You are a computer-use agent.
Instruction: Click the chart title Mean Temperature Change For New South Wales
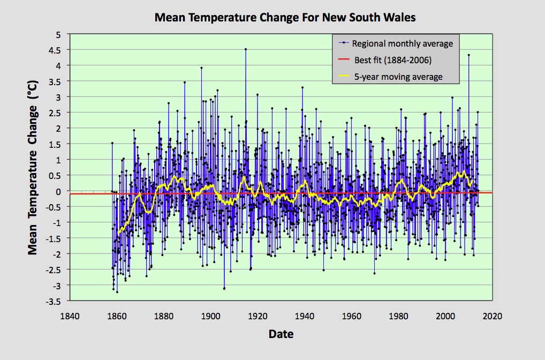[x=285, y=17]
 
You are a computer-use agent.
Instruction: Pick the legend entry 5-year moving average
[x=398, y=77]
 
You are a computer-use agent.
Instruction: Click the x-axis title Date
[x=281, y=334]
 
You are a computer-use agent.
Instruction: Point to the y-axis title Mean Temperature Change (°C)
[x=33, y=168]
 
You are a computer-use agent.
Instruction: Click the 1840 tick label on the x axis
[x=70, y=316]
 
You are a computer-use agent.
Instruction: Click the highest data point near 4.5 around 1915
[x=246, y=49]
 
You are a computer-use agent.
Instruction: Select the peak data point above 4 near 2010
[x=468, y=55]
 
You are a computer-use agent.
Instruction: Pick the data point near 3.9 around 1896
[x=201, y=68]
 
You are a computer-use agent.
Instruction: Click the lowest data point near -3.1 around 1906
[x=224, y=288]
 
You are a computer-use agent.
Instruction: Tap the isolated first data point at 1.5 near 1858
[x=112, y=143]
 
